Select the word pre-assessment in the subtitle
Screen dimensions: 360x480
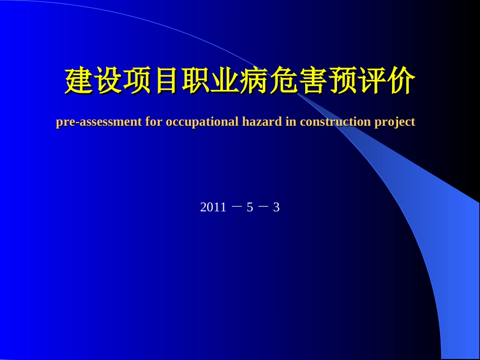(99, 122)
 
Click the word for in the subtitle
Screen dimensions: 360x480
(154, 122)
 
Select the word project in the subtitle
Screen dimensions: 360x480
(395, 122)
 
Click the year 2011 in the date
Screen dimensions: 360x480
(213, 208)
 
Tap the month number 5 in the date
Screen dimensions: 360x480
(250, 208)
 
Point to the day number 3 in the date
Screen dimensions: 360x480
(276, 208)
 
